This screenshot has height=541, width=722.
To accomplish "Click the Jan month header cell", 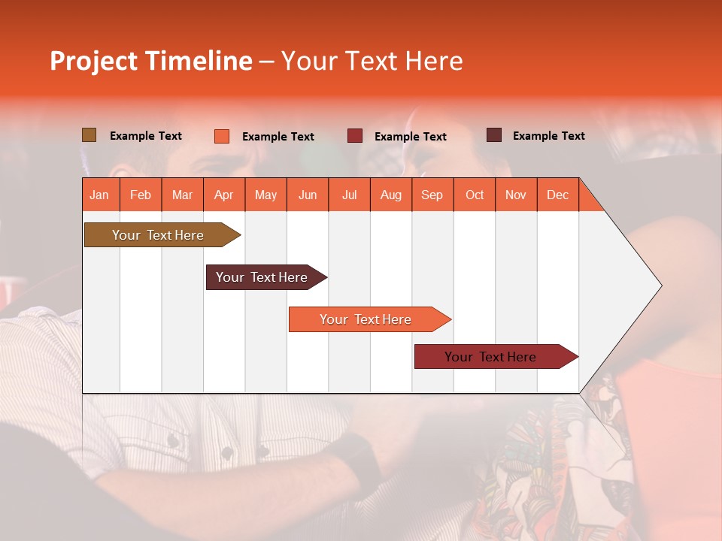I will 100,195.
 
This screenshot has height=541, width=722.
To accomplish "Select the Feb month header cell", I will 141,195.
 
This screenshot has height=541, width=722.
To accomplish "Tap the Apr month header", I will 224,195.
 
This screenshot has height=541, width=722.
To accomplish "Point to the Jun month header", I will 308,195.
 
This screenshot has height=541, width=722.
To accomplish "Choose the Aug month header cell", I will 391,195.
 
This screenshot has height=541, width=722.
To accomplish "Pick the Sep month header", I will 432,195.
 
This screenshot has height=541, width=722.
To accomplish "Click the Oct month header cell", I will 475,195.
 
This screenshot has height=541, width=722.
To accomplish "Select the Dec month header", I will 558,195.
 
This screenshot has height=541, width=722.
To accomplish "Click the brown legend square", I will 89,135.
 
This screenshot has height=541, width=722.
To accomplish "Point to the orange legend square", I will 222,136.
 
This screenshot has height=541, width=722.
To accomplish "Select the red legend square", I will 355,135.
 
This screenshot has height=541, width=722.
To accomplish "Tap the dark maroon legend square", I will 494,135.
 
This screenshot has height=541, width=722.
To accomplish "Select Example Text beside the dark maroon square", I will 548,136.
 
